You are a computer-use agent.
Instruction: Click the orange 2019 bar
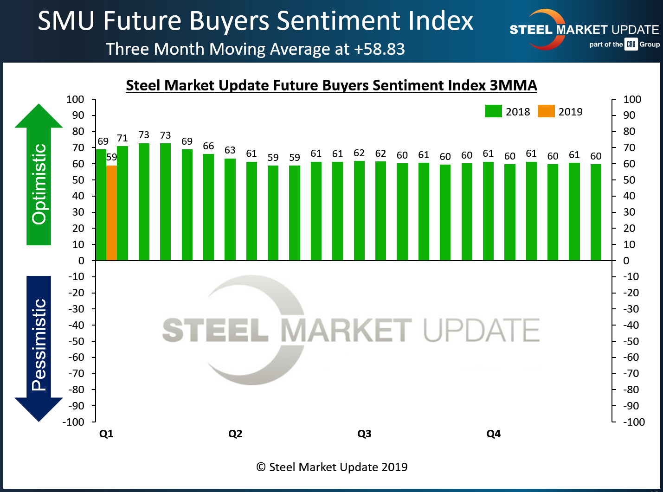(x=111, y=213)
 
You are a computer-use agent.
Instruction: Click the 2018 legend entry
(x=508, y=112)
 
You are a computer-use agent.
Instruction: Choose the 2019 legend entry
(x=560, y=112)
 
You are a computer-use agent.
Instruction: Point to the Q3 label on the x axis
(x=364, y=434)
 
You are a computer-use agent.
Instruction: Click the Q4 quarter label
(x=493, y=434)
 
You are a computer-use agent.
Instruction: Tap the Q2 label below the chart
(x=235, y=434)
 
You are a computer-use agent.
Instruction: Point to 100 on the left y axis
(x=75, y=100)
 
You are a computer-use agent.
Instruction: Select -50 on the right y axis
(x=631, y=341)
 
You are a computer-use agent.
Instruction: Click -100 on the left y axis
(x=73, y=422)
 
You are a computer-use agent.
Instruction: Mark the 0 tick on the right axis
(x=626, y=261)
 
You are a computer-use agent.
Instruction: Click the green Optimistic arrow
(x=39, y=176)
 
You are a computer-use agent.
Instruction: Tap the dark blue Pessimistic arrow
(x=39, y=348)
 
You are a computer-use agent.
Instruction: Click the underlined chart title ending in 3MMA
(x=331, y=85)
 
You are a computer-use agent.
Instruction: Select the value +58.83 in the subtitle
(x=379, y=49)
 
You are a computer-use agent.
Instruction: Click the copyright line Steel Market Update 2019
(x=332, y=467)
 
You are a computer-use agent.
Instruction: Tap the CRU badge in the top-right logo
(x=631, y=45)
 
